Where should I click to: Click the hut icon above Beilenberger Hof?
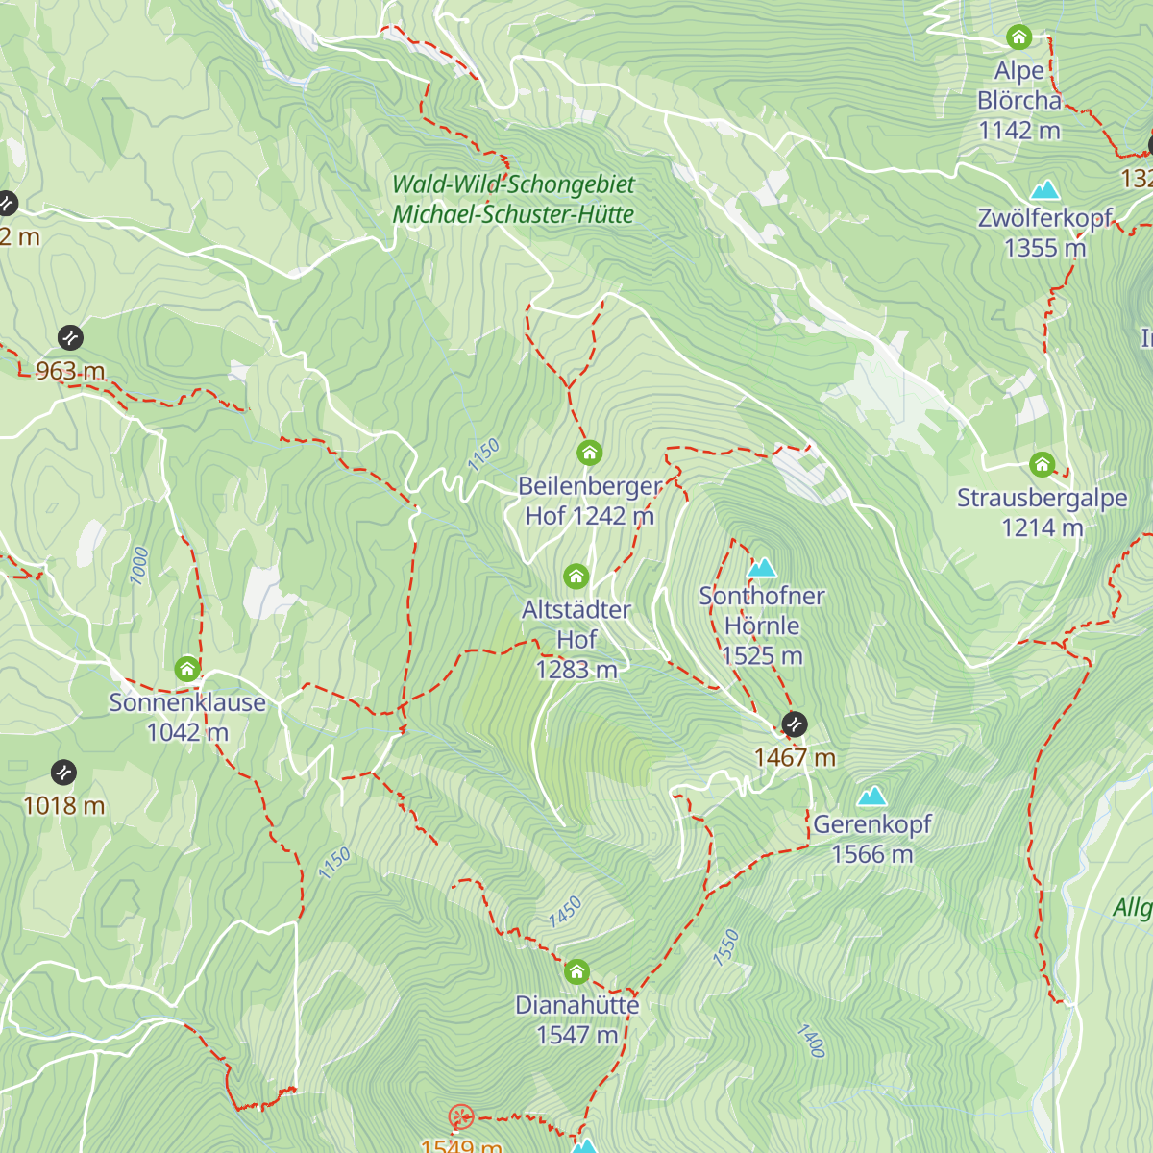point(589,452)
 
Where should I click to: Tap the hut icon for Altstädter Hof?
point(576,576)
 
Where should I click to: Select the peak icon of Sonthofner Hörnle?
point(762,568)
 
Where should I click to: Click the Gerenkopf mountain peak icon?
point(872,796)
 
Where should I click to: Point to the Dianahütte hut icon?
point(576,971)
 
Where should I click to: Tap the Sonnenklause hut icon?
point(187,668)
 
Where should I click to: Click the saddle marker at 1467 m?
point(794,724)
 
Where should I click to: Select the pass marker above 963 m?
point(70,337)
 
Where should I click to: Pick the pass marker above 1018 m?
point(63,772)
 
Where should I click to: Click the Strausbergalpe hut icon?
point(1042,465)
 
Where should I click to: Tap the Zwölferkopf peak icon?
point(1044,189)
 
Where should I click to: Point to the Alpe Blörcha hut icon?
point(1018,37)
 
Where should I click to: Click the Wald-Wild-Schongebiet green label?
point(513,184)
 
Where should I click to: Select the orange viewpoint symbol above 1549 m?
point(461,1116)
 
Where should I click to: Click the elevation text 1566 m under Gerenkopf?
point(871,854)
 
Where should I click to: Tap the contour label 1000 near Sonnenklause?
point(139,565)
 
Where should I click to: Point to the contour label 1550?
point(726,946)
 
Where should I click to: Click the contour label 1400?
point(811,1041)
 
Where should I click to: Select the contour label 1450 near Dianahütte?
point(565,912)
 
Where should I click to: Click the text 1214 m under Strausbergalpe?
point(1042,527)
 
